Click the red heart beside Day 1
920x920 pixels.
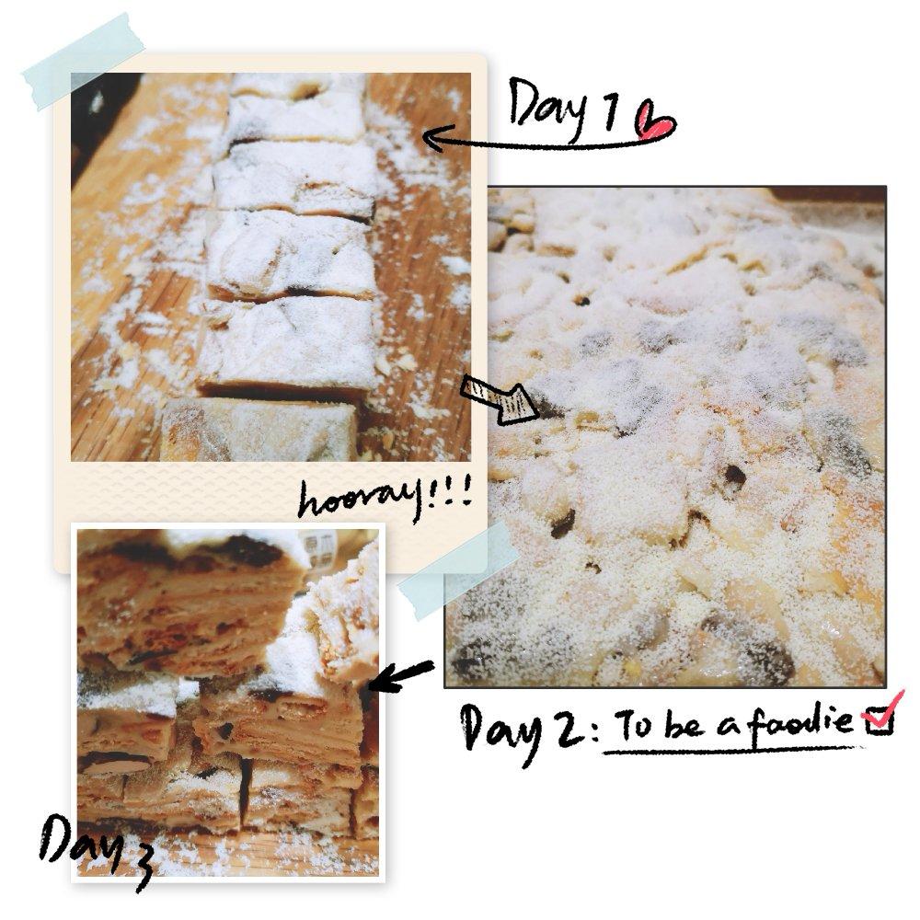[655, 121]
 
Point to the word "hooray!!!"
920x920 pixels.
[385, 499]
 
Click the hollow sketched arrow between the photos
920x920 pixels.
[500, 398]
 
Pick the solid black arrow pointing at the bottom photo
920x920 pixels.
[401, 676]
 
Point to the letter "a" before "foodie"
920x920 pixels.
[730, 728]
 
